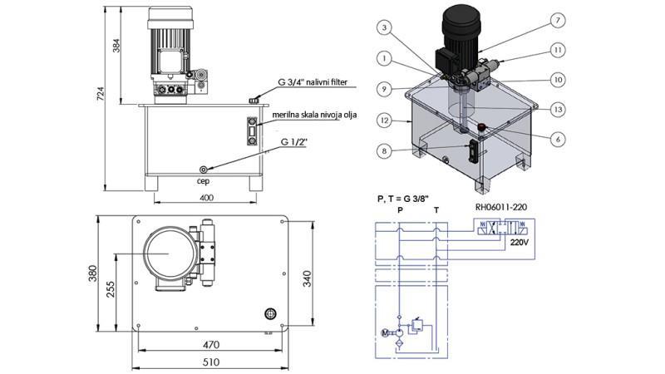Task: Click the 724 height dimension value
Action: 101,96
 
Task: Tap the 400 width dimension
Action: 207,198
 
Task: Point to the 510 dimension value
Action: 211,362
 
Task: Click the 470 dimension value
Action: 211,342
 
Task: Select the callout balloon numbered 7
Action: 558,19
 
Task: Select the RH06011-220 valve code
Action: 503,207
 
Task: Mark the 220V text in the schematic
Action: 519,244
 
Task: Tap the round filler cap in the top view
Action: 269,312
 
